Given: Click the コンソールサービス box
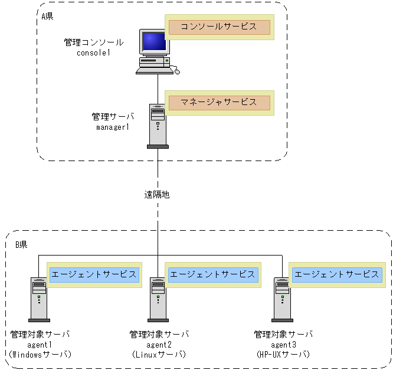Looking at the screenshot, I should tap(219, 27).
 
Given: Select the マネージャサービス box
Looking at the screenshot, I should tap(219, 103).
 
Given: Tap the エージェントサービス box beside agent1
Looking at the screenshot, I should tap(94, 274).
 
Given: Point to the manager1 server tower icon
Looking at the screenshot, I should tap(158, 125).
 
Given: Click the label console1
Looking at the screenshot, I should tap(94, 53).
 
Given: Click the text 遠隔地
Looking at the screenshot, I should tap(158, 194).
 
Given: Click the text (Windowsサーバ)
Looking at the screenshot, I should tap(40, 355).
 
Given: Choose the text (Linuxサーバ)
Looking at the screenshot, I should tap(159, 355).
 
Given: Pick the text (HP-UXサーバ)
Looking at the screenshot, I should tap(283, 355).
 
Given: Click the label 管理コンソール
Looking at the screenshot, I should tap(94, 42).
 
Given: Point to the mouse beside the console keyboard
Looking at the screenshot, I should tap(176, 71).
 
